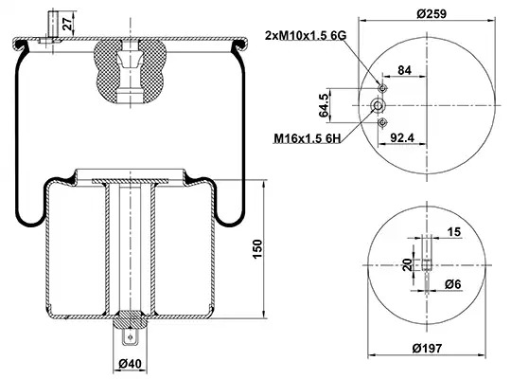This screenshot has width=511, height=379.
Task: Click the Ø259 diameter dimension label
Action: (432, 13)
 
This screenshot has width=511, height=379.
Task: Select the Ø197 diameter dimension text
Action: (427, 349)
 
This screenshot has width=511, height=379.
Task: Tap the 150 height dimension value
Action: (257, 249)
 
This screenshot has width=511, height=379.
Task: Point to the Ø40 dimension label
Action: (130, 363)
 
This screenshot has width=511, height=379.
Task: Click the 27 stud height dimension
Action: (67, 24)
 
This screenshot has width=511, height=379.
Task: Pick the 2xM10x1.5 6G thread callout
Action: (306, 35)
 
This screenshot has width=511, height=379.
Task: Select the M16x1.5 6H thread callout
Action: (307, 138)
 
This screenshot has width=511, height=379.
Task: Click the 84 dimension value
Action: (404, 70)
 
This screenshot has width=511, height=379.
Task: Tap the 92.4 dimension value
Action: (402, 138)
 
